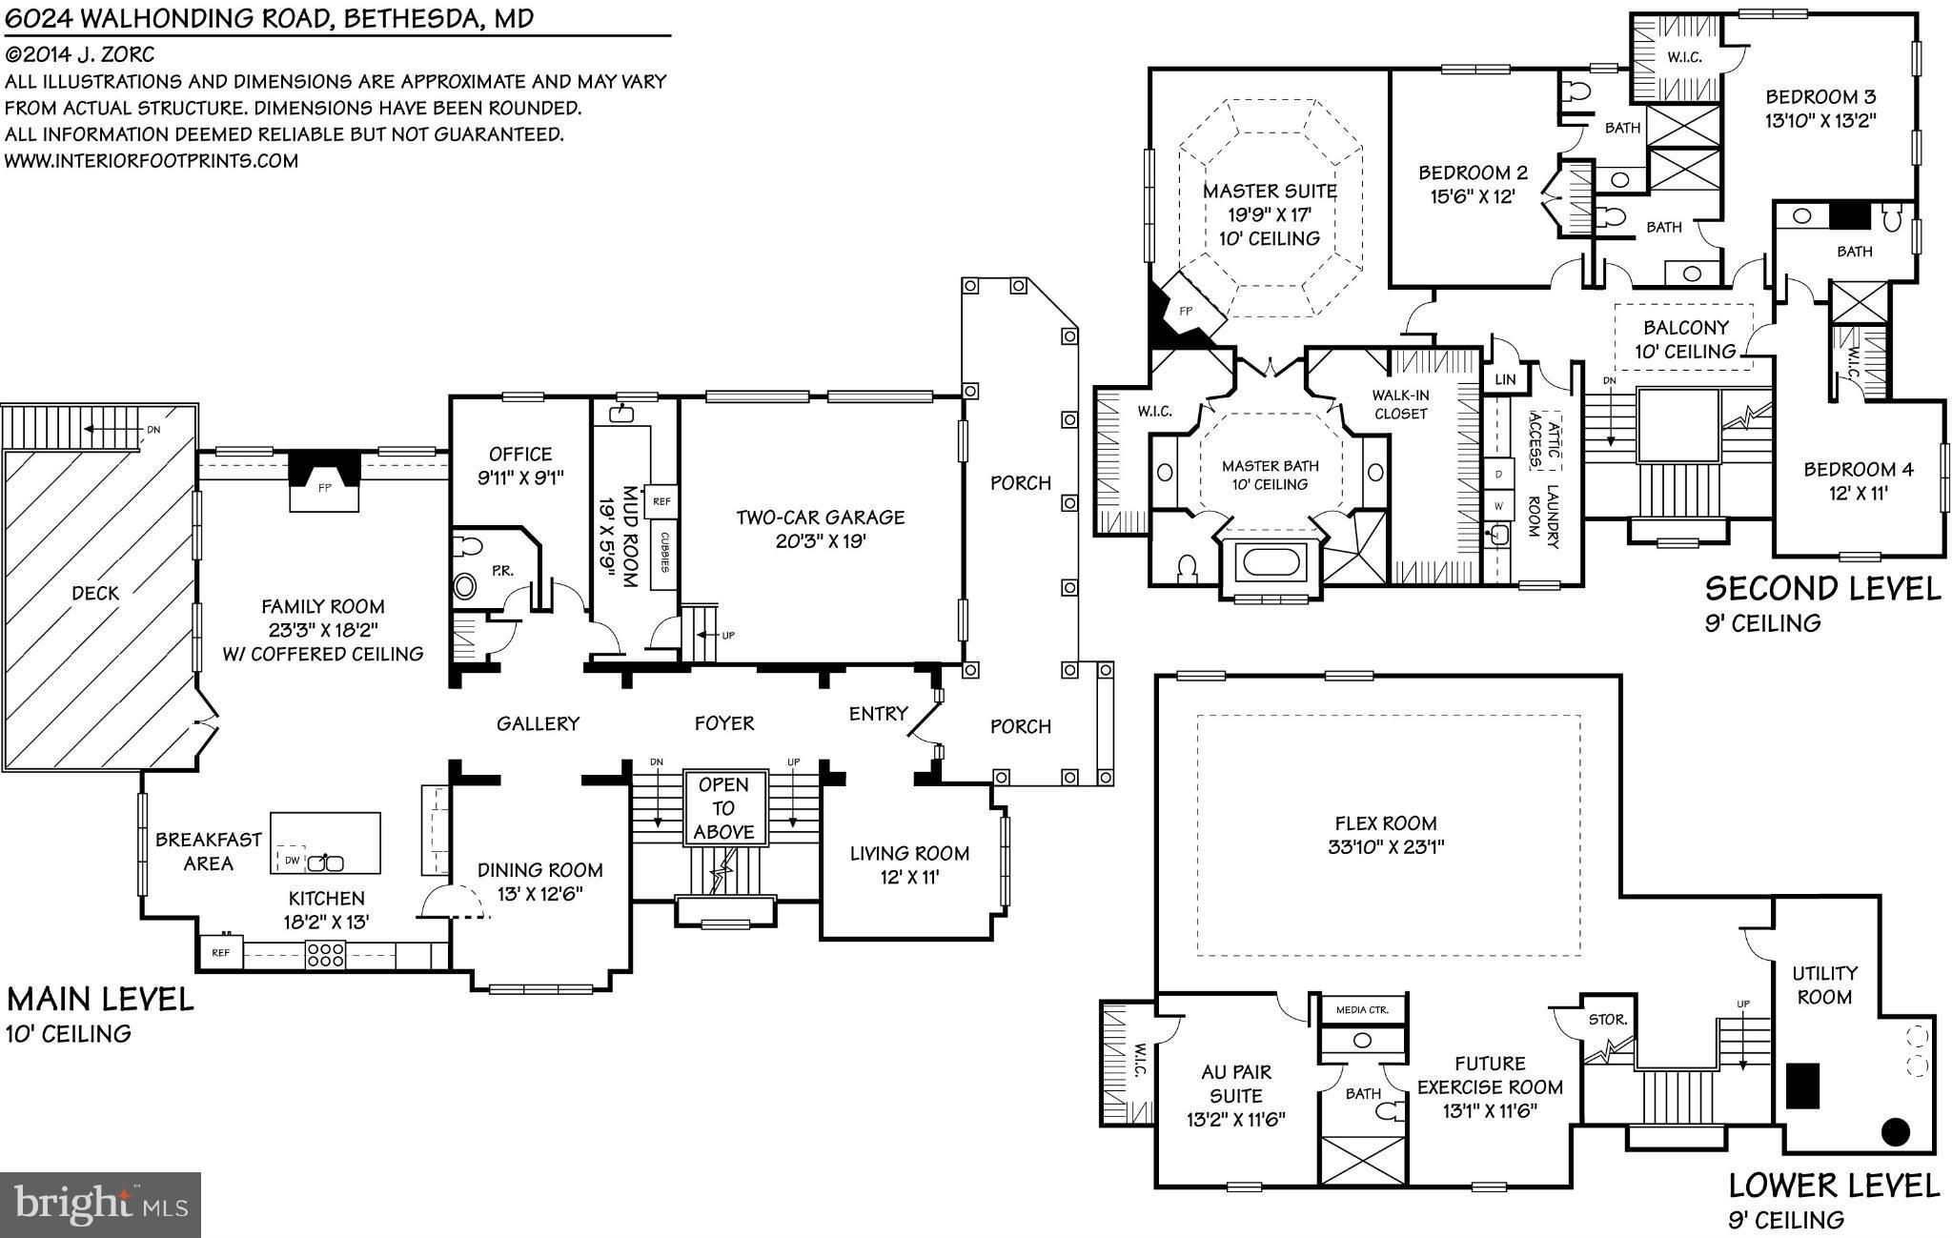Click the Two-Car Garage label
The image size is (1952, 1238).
(x=820, y=518)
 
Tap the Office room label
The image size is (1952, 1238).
(x=520, y=454)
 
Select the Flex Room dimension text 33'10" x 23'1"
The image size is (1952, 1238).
(x=1386, y=846)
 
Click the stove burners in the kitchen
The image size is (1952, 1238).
(x=324, y=955)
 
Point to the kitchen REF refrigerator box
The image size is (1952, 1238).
(x=220, y=952)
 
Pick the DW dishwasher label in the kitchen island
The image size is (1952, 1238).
(x=292, y=861)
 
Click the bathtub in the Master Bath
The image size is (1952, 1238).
(x=1269, y=563)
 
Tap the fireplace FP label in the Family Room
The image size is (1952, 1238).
(x=324, y=487)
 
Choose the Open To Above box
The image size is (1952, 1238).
(x=724, y=808)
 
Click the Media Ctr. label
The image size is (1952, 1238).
(x=1362, y=1009)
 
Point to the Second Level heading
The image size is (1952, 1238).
(x=1822, y=588)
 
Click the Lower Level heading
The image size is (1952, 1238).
(x=1834, y=1185)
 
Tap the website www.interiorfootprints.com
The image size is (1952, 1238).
(x=152, y=160)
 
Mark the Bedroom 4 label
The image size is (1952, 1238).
(x=1858, y=469)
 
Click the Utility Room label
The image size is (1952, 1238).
(x=1824, y=985)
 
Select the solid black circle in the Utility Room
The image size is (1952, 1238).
(x=1896, y=1132)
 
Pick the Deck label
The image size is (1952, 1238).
(x=95, y=593)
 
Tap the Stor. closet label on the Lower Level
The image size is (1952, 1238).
(x=1608, y=1019)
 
